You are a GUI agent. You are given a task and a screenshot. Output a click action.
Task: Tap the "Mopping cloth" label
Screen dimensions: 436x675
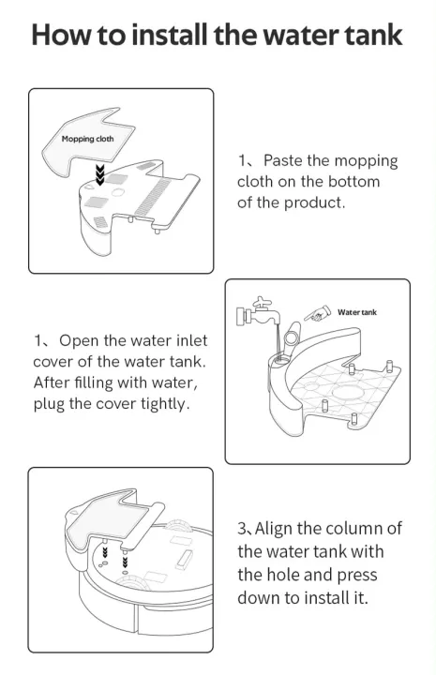pyautogui.click(x=87, y=139)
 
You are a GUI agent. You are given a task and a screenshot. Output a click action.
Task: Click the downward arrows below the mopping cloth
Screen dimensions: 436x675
pyautogui.click(x=100, y=174)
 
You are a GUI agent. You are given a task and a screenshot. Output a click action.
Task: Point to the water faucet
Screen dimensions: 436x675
pyautogui.click(x=259, y=312)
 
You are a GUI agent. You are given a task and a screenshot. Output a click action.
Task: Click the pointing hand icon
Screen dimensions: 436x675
pyautogui.click(x=317, y=313)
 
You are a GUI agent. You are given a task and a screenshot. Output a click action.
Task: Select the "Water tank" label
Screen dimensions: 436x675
pyautogui.click(x=357, y=312)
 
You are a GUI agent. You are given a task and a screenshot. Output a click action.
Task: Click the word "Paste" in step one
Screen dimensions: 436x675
pyautogui.click(x=283, y=160)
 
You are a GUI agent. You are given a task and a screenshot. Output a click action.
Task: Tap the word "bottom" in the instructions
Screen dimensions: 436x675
pyautogui.click(x=353, y=181)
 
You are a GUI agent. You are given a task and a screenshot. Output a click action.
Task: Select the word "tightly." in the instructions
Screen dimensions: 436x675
pyautogui.click(x=165, y=404)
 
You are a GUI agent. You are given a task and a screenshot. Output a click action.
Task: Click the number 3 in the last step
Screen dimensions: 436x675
pyautogui.click(x=242, y=529)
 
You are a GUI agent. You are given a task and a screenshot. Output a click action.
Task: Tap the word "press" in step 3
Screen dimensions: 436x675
pyautogui.click(x=357, y=576)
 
